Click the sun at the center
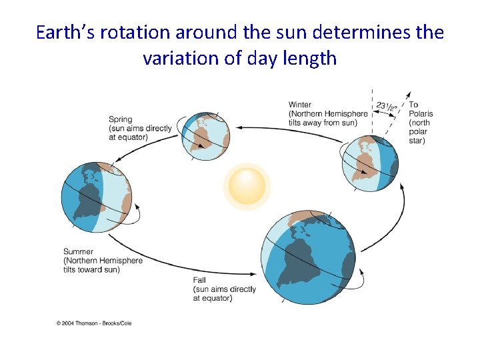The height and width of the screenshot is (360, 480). point(247,186)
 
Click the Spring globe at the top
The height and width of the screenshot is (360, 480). point(206,136)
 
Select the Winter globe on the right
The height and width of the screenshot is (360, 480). point(370,163)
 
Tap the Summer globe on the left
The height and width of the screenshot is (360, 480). point(95,198)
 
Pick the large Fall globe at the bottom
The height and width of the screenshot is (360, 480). point(309,257)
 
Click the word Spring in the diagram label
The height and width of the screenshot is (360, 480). point(121,119)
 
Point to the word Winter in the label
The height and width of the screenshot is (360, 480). point(299,105)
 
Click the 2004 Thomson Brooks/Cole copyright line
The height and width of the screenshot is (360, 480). point(94,323)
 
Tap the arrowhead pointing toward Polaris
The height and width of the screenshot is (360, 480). point(409,95)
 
